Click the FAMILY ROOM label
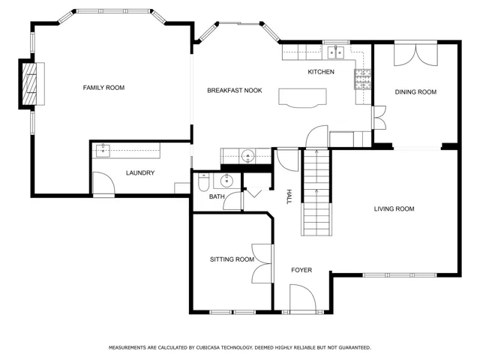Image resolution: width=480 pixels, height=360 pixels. pos(103,88)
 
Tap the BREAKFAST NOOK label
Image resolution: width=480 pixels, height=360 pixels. pos(235,91)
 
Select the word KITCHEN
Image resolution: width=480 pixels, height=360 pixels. pos(321,72)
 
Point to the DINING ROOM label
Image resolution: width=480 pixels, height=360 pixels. pos(415,92)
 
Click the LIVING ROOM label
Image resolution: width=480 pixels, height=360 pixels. pos(394,209)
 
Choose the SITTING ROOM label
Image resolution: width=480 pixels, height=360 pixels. pos(232,259)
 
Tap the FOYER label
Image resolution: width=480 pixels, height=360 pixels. pos(301,270)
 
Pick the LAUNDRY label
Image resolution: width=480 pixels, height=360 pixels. pos(140,173)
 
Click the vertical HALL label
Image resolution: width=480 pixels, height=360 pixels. pos(289,196)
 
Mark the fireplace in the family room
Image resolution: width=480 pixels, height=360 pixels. pos(29,84)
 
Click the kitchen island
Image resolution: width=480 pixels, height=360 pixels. pos(302,98)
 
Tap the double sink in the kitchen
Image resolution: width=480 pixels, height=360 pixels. pos(336,52)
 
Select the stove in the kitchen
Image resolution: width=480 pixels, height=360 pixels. pos(363,79)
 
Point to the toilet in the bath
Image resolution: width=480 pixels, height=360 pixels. pos(203,182)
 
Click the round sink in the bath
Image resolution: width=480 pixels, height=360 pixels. pos(226,181)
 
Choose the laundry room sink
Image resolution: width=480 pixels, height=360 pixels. pos(103,151)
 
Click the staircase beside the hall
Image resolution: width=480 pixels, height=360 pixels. pos(316,192)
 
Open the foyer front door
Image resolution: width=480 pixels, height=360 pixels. pos(303,298)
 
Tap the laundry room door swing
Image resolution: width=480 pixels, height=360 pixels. pos(103,183)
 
